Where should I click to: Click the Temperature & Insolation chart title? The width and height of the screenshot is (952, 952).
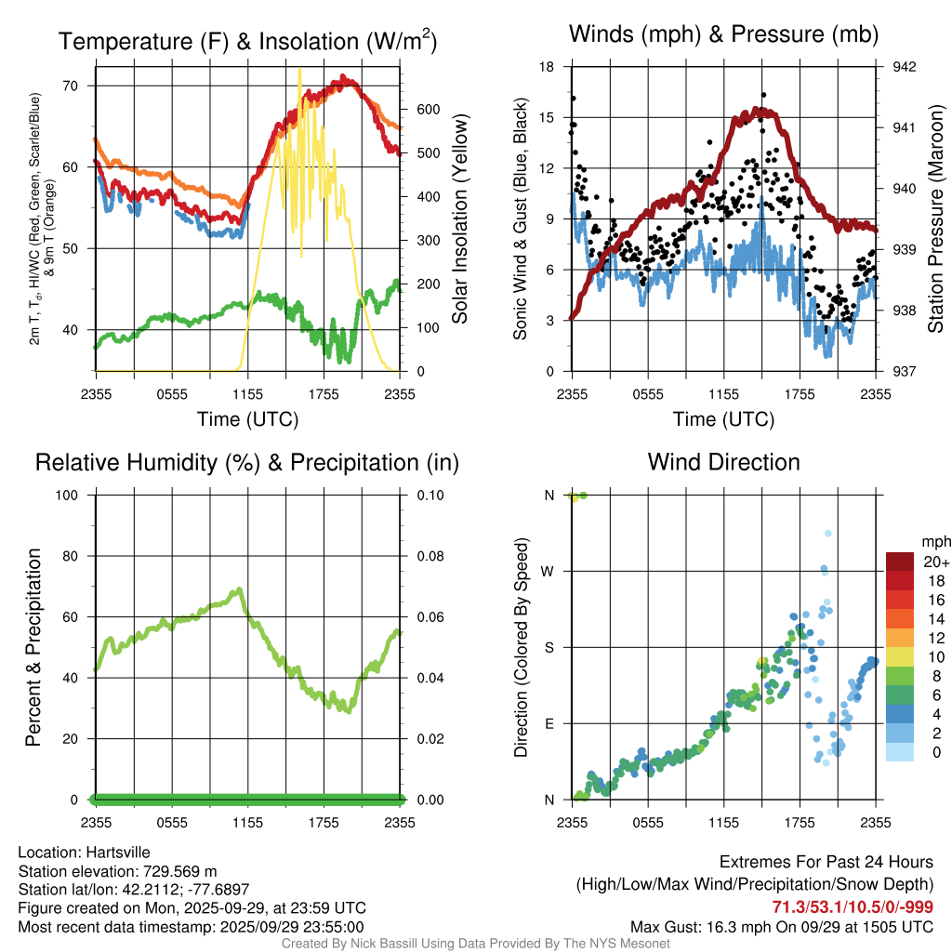pos(247,41)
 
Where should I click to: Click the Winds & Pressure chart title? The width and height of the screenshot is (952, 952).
pos(723,34)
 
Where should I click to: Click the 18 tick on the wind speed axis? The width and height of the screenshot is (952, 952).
pos(548,67)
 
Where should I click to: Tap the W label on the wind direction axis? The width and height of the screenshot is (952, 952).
pos(549,572)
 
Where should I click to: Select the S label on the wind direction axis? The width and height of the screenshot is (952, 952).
pos(549,648)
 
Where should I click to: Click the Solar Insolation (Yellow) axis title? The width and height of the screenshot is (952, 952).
pos(460,220)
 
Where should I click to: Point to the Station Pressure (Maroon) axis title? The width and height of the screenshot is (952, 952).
pos(936,220)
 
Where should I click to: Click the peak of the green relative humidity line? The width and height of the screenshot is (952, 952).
pos(240,589)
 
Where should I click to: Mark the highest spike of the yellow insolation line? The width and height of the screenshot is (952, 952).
pos(298,69)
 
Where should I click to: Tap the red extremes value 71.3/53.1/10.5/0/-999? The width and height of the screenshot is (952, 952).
pos(853,906)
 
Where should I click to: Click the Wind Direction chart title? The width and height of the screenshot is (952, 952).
pos(723,462)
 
